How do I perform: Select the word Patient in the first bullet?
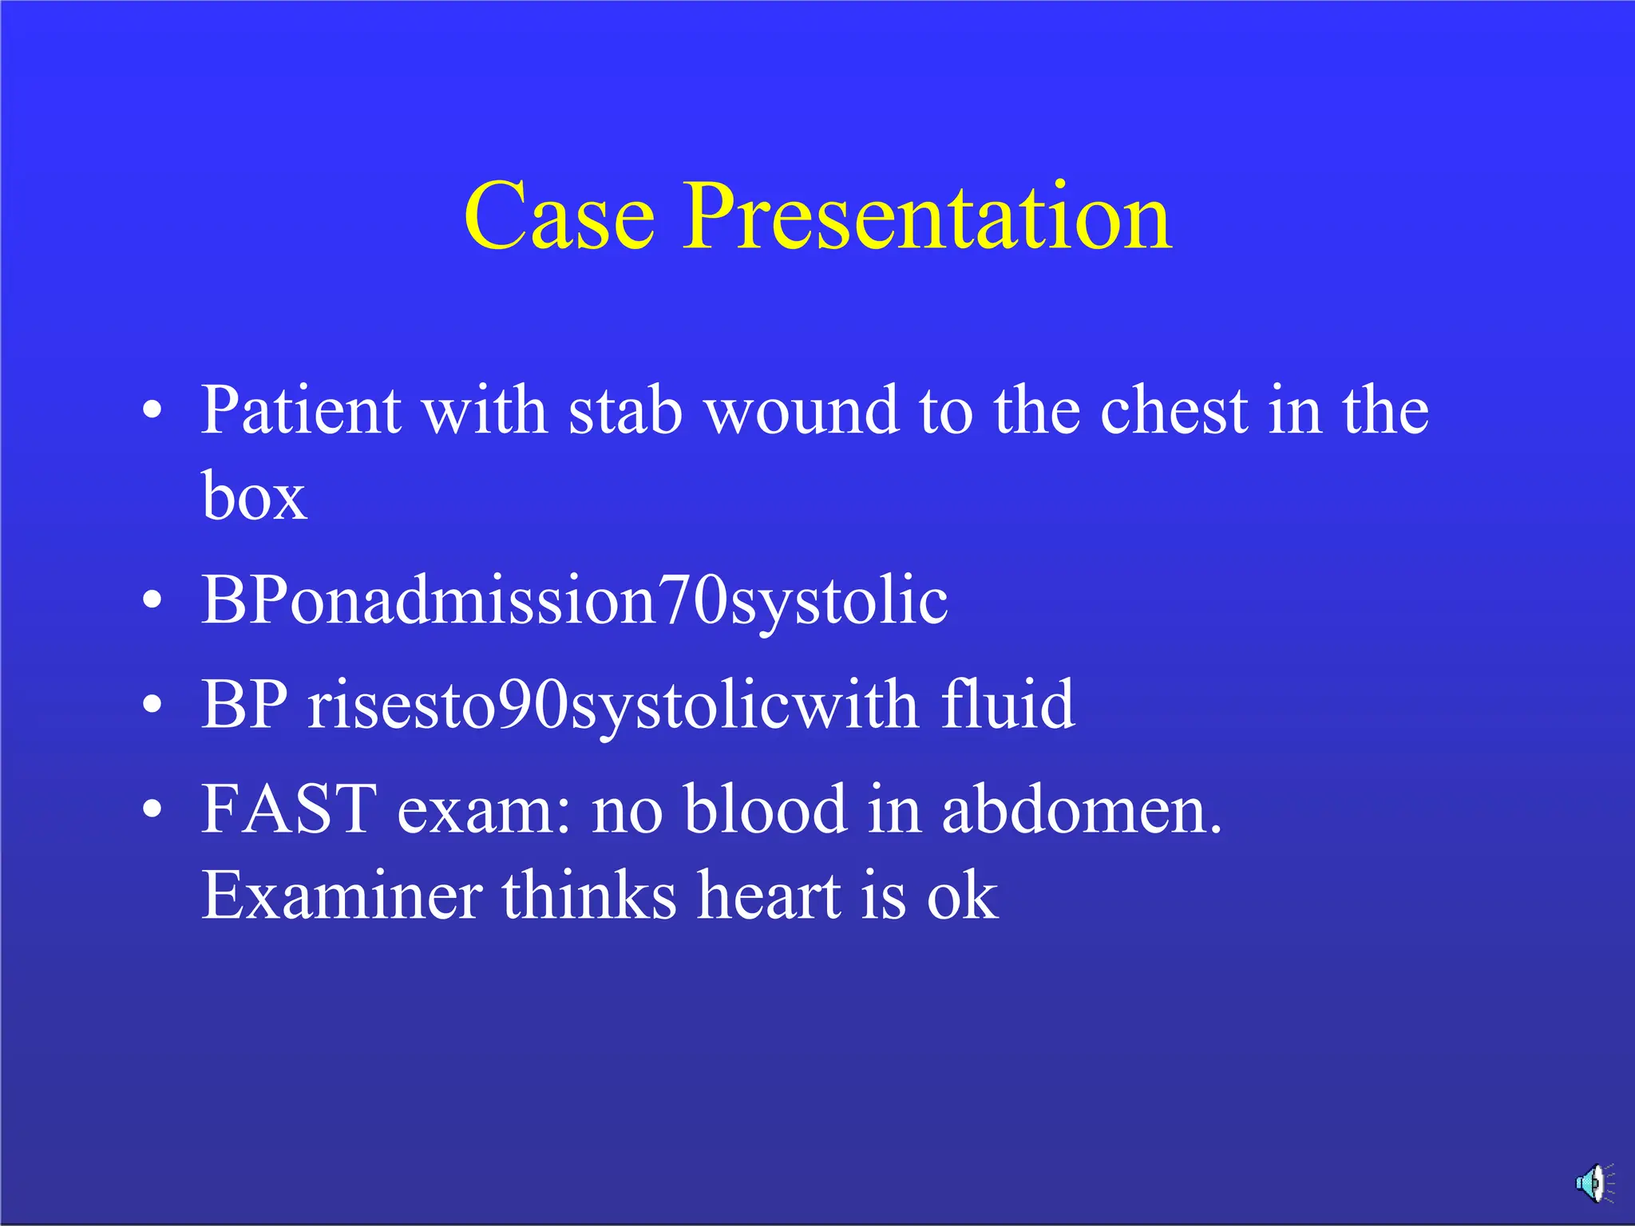[x=300, y=411]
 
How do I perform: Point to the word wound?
[x=802, y=411]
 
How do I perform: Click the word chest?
[x=1174, y=411]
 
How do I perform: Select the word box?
[x=254, y=496]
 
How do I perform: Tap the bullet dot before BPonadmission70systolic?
[x=152, y=601]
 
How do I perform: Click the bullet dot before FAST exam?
[x=152, y=811]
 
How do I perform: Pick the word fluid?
[x=1008, y=704]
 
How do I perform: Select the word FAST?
[x=288, y=809]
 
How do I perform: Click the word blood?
[x=765, y=809]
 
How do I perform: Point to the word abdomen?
[x=1081, y=809]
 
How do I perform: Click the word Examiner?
[x=342, y=896]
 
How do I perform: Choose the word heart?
[x=768, y=896]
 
